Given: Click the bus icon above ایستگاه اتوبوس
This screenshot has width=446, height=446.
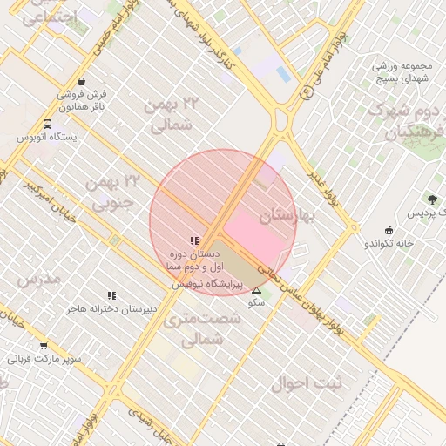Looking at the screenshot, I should (46, 125).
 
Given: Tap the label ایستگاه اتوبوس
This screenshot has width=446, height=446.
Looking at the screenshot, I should (49, 138).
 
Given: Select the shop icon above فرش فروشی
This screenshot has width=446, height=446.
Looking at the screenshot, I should (81, 79).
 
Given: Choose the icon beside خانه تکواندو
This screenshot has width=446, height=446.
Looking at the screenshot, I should (389, 230).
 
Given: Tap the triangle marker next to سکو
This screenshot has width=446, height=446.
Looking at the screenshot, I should (256, 291).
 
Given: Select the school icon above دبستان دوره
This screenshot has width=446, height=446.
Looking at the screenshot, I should (193, 240).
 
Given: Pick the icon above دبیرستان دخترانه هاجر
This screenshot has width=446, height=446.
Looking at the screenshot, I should (111, 296).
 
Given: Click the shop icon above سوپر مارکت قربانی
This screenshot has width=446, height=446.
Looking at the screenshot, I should (44, 345).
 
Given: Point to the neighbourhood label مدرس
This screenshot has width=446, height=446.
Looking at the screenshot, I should (38, 279).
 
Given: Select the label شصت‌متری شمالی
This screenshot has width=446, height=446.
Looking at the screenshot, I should (193, 329).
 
